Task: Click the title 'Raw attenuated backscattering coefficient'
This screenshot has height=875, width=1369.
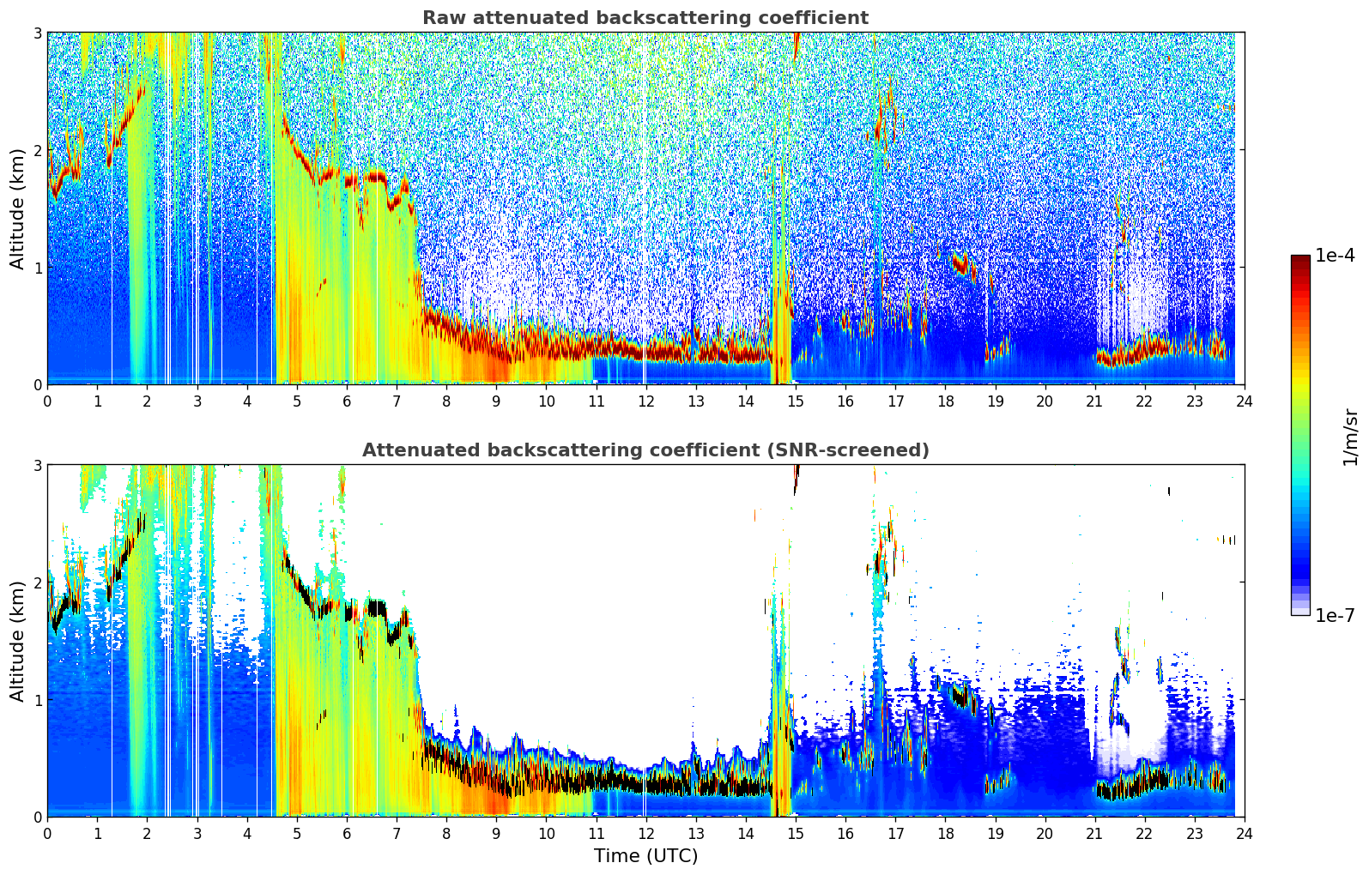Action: [x=645, y=18]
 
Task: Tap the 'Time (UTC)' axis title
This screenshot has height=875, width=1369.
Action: [x=645, y=855]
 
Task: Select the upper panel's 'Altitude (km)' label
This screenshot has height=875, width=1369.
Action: [x=17, y=208]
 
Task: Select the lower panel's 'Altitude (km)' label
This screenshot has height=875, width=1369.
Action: [x=17, y=641]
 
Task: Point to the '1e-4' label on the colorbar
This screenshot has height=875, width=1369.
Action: [x=1335, y=256]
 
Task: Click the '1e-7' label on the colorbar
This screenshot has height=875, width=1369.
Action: [x=1335, y=615]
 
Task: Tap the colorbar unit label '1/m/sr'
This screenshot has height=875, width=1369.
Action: [x=1350, y=437]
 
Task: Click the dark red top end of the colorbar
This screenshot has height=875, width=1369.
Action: [x=1300, y=259]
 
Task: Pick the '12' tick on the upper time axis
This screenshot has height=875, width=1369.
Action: [x=645, y=401]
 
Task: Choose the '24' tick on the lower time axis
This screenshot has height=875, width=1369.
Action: [x=1244, y=833]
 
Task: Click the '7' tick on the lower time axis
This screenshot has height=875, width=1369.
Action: [x=397, y=833]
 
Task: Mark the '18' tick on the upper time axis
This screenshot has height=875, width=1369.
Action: [x=945, y=401]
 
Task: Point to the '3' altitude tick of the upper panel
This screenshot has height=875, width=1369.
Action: [x=37, y=33]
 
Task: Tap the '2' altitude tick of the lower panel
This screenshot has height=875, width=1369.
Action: [x=37, y=582]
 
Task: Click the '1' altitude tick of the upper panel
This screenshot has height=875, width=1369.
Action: [x=37, y=268]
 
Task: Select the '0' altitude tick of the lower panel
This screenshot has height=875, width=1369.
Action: [x=37, y=817]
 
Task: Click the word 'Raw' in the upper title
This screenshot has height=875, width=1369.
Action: [x=441, y=18]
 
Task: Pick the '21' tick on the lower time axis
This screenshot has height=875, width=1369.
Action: [x=1094, y=833]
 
